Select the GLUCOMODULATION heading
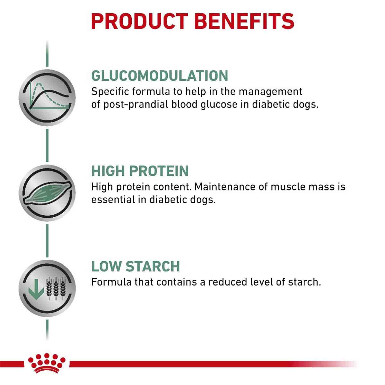point(160,76)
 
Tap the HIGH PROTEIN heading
point(140,171)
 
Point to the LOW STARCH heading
point(136,266)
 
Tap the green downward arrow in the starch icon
point(36,289)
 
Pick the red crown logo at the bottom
point(47,363)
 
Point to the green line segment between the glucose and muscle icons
point(47,146)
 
